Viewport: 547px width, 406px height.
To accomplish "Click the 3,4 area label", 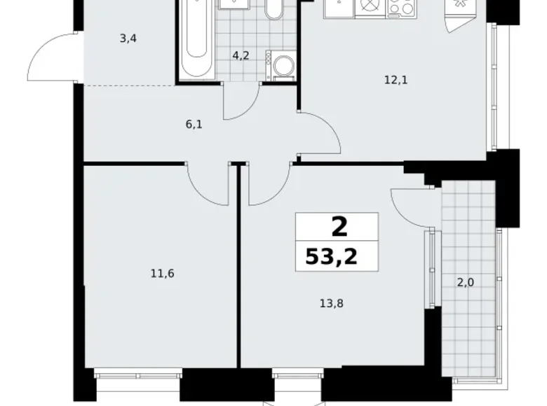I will (x=128, y=38).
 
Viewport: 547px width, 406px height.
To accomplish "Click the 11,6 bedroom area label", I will (x=162, y=273).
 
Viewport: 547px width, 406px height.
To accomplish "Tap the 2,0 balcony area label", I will (x=465, y=282).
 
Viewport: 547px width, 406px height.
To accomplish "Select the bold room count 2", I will (x=338, y=227).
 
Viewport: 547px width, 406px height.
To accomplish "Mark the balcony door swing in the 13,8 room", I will (x=410, y=206).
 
